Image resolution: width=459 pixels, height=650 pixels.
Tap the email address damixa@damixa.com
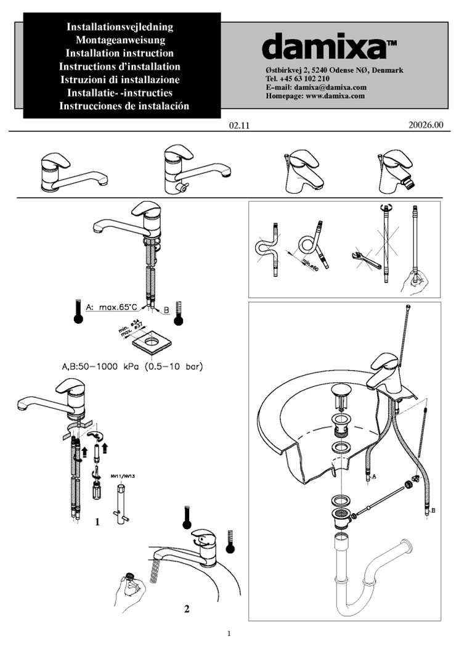[x=333, y=88]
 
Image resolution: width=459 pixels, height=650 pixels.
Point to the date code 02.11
[x=238, y=126]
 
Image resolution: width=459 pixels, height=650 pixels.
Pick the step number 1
[x=97, y=522]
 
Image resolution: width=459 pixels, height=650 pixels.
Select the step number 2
[x=187, y=609]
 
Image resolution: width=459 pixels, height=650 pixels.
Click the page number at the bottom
[x=229, y=633]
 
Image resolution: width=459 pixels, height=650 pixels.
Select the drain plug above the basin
[x=339, y=393]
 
